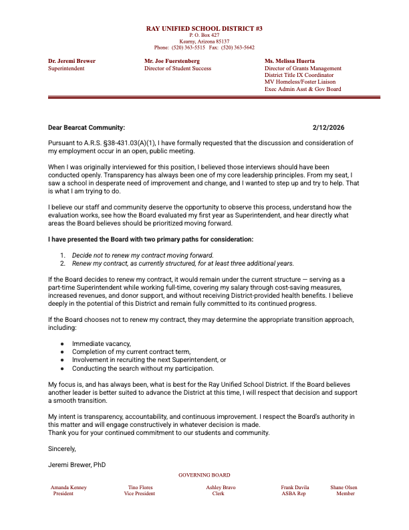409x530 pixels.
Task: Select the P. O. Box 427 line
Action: click(204, 35)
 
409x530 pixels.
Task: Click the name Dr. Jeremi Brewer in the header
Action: click(72, 62)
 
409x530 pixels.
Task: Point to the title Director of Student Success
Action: click(178, 68)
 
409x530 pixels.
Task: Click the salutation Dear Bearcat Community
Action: click(86, 127)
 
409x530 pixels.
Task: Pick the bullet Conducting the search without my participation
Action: click(143, 368)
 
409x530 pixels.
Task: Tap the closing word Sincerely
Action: click(62, 448)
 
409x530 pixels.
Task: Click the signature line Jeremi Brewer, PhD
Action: click(77, 464)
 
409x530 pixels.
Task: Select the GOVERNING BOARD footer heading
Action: click(204, 474)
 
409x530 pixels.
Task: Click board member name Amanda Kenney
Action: click(69, 488)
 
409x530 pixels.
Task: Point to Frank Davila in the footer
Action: click(295, 488)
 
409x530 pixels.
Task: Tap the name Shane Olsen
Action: click(344, 488)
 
